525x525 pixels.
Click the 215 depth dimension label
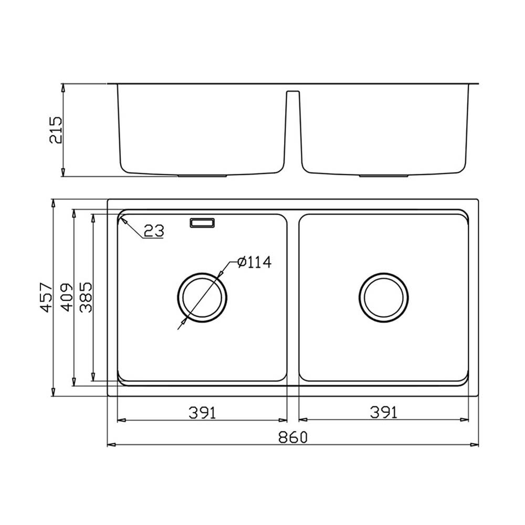tap(56, 130)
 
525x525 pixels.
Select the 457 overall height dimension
tap(46, 298)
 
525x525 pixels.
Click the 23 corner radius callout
tap(154, 230)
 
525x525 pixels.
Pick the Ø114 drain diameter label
tap(255, 262)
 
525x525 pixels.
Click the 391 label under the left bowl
tap(203, 413)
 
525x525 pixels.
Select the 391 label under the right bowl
tap(384, 413)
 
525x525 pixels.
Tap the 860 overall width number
tap(293, 437)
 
